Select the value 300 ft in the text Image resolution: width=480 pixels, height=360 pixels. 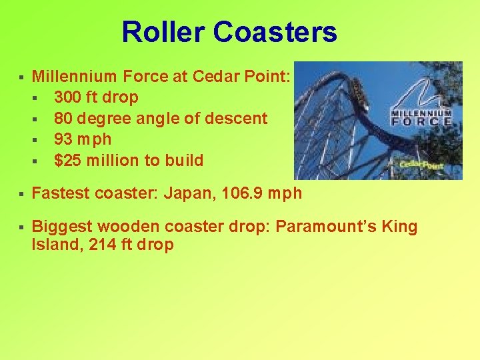[75, 97]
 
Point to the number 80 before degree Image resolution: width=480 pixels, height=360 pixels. [63, 119]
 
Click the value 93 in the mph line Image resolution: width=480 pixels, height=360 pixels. [63, 139]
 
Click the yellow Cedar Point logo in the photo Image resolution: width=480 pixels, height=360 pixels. [421, 164]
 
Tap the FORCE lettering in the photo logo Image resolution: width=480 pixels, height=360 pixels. [421, 122]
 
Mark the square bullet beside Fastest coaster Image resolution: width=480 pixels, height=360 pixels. [22, 195]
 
